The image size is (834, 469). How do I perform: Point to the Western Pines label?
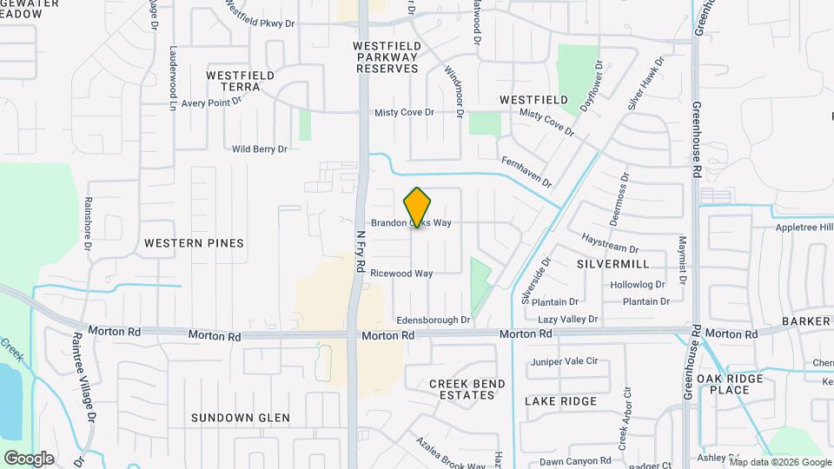click(194, 243)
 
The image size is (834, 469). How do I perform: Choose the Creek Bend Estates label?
click(461, 389)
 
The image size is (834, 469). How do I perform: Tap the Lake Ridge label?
click(560, 401)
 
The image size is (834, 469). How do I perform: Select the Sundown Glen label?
click(240, 418)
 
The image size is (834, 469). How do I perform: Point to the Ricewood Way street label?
click(401, 274)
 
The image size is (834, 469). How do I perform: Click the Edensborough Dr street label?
click(433, 320)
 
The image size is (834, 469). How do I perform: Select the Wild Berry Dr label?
click(259, 149)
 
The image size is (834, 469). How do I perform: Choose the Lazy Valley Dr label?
click(567, 320)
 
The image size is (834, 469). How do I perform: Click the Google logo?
click(29, 458)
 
